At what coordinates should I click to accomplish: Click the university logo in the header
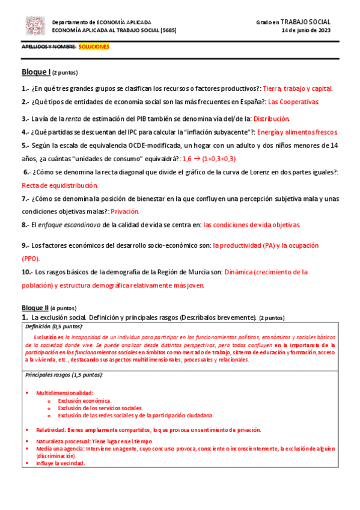(34, 25)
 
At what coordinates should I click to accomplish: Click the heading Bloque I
(36, 72)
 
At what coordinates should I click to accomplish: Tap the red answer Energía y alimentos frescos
(297, 132)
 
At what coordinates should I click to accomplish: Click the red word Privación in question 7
(124, 211)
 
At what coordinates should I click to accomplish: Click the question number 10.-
(28, 272)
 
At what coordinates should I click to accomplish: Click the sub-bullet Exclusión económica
(84, 400)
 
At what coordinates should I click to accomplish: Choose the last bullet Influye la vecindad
(61, 463)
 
